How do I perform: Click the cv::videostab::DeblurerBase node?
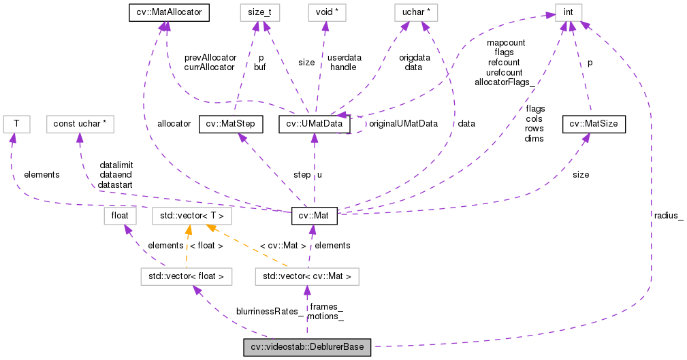308,348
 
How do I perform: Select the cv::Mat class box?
313,216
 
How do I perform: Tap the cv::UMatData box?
315,124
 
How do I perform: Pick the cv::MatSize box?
594,124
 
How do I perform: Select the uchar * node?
415,12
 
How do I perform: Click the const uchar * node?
80,124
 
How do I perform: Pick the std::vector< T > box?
192,216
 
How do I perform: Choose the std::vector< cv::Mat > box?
306,276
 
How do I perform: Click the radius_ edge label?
668,215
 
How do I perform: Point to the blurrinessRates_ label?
270,311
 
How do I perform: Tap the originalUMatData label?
402,124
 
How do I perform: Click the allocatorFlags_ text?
504,82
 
